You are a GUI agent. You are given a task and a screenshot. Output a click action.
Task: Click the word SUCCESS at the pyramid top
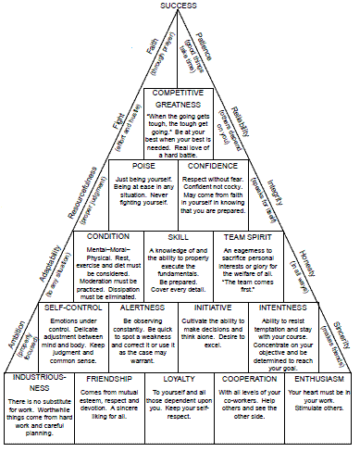click(178, 6)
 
